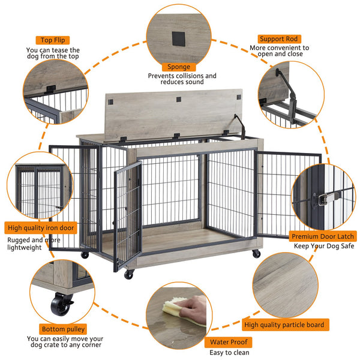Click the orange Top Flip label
coord(53,41)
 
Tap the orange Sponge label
coord(179,67)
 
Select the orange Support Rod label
coord(280,38)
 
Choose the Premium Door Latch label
coord(319,236)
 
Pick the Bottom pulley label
coord(63,329)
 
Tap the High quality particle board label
coord(284,325)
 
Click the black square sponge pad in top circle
coord(179,38)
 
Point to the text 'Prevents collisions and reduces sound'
coord(182,79)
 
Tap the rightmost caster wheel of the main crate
coord(256,254)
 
